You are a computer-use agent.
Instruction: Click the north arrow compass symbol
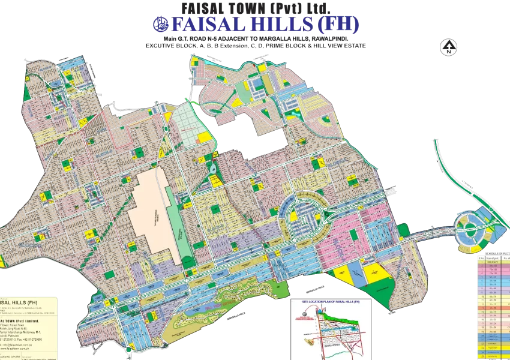click(x=448, y=47)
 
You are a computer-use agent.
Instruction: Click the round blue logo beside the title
click(x=159, y=25)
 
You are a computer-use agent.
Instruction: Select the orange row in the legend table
click(x=493, y=308)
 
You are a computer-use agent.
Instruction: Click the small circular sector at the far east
click(x=469, y=229)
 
